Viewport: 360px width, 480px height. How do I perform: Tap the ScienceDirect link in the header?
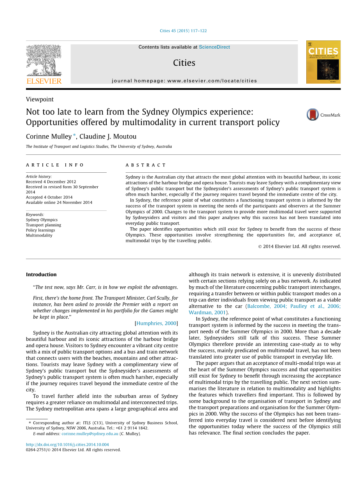click(x=214, y=47)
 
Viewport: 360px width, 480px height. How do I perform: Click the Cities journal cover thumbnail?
click(x=323, y=62)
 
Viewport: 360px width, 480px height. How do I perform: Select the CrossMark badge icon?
click(x=313, y=115)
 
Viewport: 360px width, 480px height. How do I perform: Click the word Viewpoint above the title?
click(x=40, y=99)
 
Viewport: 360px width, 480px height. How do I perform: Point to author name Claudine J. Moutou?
click(x=108, y=137)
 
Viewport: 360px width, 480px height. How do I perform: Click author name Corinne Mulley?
click(x=49, y=137)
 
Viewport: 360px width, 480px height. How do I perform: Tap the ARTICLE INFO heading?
click(x=55, y=165)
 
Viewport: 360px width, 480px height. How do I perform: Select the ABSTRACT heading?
click(x=146, y=165)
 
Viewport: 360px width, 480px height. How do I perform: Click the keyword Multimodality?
click(x=39, y=235)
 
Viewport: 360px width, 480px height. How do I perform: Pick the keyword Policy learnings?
click(x=40, y=230)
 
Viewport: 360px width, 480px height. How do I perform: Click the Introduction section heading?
click(x=41, y=274)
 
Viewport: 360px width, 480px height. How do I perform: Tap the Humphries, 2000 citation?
click(x=156, y=323)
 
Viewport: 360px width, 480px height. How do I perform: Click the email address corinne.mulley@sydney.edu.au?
click(x=90, y=434)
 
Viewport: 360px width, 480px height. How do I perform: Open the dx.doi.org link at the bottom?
click(x=67, y=445)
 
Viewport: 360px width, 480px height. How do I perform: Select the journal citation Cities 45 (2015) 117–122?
click(x=183, y=31)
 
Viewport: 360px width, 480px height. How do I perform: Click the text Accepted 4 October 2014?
click(x=49, y=197)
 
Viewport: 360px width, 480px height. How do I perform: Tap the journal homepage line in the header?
click(x=184, y=81)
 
